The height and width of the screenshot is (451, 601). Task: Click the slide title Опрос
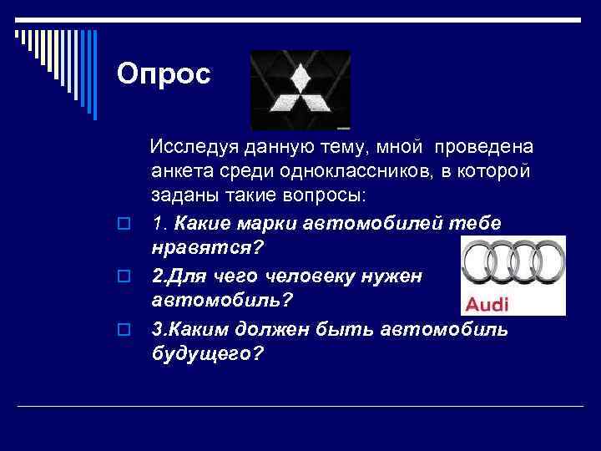(x=164, y=74)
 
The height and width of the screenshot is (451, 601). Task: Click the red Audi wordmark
(x=486, y=302)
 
